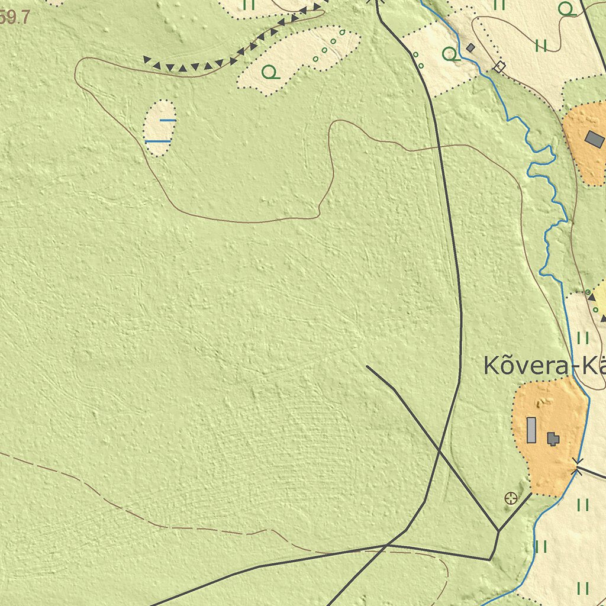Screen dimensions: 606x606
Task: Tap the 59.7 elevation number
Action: click(x=14, y=18)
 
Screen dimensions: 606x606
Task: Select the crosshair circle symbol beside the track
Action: click(x=511, y=498)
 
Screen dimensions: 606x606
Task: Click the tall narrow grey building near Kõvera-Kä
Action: click(x=531, y=430)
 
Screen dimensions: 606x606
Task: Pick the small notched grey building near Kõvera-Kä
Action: click(x=553, y=439)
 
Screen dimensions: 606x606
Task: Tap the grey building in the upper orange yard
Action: click(x=594, y=140)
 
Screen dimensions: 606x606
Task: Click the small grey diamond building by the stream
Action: click(x=470, y=47)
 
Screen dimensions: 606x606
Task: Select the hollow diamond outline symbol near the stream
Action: click(x=499, y=67)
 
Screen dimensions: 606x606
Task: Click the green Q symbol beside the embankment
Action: click(x=270, y=72)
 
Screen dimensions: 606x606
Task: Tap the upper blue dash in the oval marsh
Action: click(x=167, y=120)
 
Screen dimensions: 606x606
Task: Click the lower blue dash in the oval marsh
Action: click(x=158, y=141)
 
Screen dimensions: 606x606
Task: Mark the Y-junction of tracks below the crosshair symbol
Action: click(x=498, y=531)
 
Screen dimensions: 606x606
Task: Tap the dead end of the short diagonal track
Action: click(x=367, y=366)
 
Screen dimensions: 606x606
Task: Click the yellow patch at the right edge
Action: click(x=600, y=299)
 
